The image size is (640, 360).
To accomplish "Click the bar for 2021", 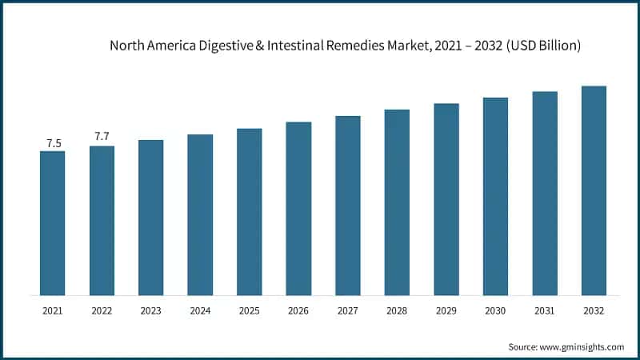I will pos(53,223).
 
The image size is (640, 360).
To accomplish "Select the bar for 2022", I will pos(102,221).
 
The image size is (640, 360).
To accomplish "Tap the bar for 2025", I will pos(249,212).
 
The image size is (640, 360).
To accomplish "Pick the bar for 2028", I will pos(397,202).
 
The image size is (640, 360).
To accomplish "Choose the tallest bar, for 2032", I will pos(594,190).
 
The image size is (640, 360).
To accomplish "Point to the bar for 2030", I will pos(495,197).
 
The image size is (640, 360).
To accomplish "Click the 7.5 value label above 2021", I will pos(54,143).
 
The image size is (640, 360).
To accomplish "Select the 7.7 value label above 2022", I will pos(102,137).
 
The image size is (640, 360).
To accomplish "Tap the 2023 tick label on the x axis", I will pos(150,310).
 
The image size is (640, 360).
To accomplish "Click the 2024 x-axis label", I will pos(200,310).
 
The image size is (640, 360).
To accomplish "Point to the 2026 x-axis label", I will pos(298,310).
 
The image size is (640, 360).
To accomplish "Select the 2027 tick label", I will pos(348,310).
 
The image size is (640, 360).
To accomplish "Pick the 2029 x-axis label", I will pos(446,310).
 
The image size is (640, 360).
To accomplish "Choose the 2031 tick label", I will pos(545,310).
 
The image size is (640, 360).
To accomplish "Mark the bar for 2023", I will pos(150,218).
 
